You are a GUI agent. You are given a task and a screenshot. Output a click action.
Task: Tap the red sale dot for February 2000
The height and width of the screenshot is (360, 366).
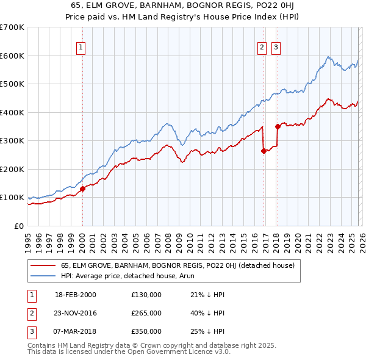(82, 189)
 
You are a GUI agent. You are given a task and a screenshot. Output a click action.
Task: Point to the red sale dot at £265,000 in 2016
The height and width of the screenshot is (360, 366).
(264, 151)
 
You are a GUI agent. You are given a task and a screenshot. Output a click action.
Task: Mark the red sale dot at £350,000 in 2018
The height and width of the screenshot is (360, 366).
(278, 126)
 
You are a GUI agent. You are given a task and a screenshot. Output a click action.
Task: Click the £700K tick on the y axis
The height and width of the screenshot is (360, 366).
(12, 27)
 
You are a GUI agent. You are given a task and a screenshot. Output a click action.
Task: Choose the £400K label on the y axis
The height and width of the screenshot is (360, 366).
(12, 112)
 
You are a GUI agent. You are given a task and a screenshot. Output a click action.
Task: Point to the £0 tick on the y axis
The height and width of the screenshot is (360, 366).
(20, 226)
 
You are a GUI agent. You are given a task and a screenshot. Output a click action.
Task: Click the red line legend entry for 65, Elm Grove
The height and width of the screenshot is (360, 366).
(178, 265)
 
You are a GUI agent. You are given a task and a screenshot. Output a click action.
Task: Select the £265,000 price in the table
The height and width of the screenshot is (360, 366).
(146, 313)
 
